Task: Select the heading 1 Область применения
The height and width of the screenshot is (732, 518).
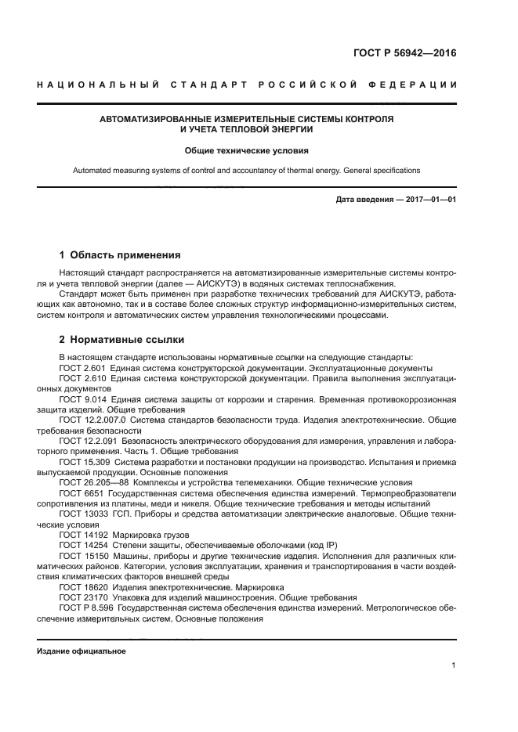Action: [121, 254]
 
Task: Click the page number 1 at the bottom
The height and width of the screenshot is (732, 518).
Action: [454, 665]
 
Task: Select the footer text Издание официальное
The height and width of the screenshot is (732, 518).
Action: [82, 651]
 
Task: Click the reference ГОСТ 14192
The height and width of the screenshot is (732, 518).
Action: [81, 535]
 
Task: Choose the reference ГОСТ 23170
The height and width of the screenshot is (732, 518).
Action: [81, 597]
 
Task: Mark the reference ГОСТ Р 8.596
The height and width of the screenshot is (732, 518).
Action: [86, 607]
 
